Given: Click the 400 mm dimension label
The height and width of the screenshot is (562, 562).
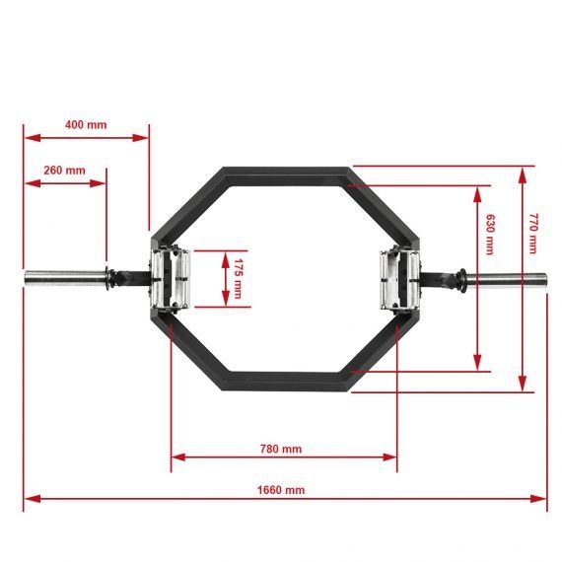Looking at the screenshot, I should tap(86, 125).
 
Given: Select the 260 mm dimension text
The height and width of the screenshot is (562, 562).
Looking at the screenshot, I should tap(64, 170).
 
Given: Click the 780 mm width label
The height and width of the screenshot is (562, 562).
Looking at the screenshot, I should tap(281, 449).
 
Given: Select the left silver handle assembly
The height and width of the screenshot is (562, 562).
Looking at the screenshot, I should tap(165, 278).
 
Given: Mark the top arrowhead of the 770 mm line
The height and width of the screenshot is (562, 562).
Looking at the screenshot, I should tap(523, 171).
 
